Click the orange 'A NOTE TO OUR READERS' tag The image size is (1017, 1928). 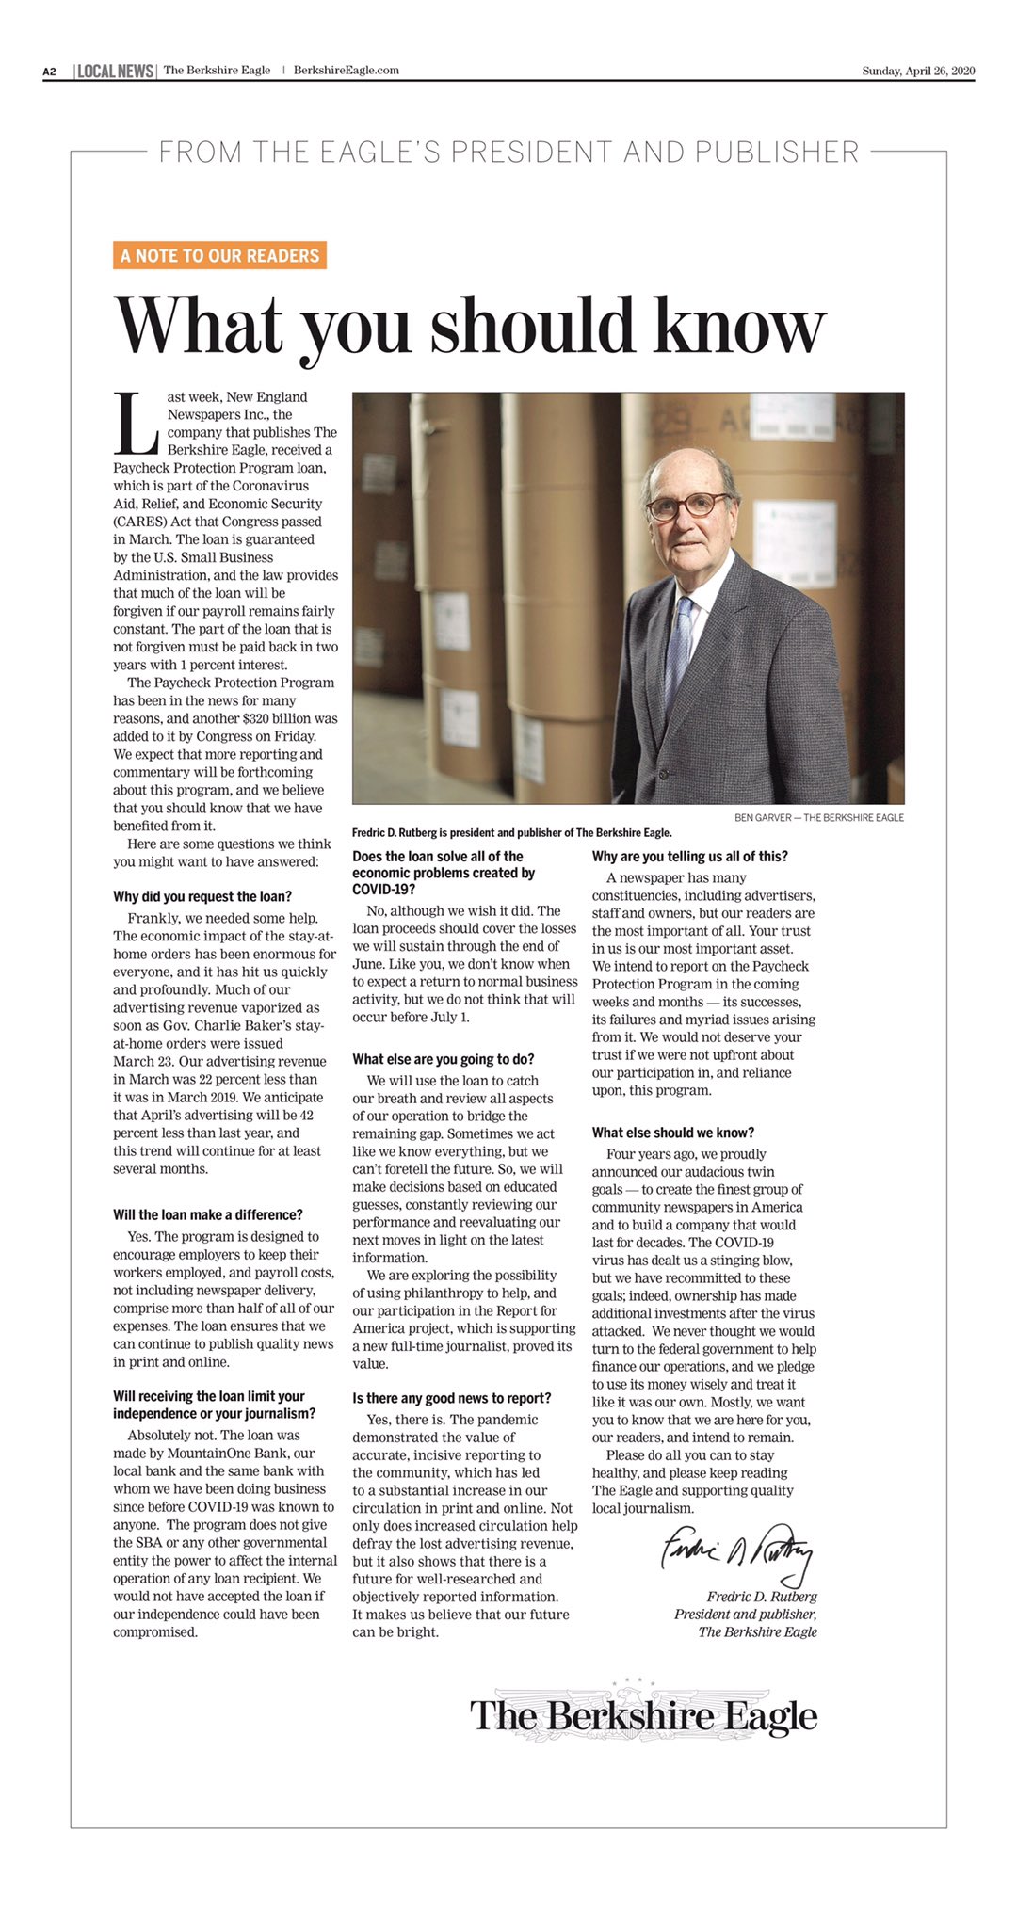click(219, 255)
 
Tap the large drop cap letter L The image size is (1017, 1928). click(136, 423)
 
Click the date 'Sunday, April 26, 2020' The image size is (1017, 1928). click(917, 71)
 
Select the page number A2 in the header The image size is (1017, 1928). click(50, 72)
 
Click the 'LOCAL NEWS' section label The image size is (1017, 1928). click(115, 71)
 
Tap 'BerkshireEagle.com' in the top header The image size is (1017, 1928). click(346, 71)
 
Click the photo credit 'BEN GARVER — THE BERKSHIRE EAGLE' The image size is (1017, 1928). click(818, 817)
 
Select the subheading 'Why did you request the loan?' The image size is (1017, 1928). click(202, 896)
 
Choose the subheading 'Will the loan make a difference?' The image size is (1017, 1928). click(208, 1214)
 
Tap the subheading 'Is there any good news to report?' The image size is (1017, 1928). click(452, 1398)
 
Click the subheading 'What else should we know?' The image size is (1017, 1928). click(673, 1133)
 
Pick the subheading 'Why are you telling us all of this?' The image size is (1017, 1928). click(689, 856)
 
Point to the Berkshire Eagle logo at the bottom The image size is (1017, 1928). click(643, 1715)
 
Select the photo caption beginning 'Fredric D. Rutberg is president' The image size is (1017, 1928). click(511, 832)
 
